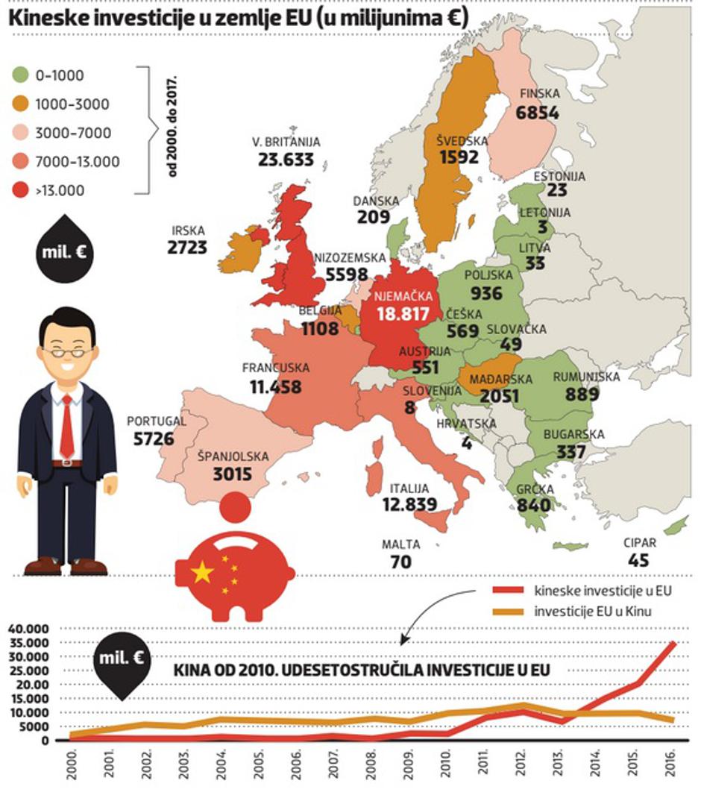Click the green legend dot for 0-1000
20,75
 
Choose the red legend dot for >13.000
20,190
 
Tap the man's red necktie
67,426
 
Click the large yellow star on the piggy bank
203,573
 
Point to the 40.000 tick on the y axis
28,629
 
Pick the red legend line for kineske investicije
510,591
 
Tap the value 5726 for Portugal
154,438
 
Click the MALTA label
401,544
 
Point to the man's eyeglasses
67,351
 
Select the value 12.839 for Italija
409,505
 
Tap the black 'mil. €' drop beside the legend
63,251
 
